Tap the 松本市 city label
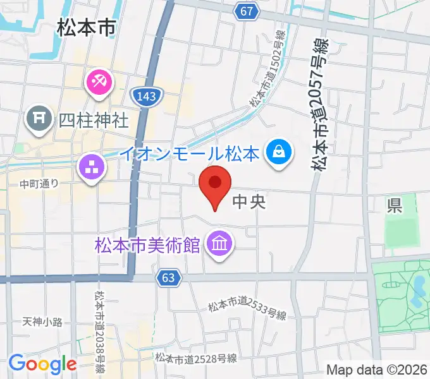[x=86, y=28]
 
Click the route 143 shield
[x=146, y=95]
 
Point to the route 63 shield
[x=168, y=277]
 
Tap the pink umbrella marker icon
[x=99, y=81]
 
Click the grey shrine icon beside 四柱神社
[x=39, y=118]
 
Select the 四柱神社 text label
[x=94, y=119]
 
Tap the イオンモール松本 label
[x=190, y=153]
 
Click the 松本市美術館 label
[x=147, y=243]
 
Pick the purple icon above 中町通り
[x=90, y=167]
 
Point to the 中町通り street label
[x=39, y=184]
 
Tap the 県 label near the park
[x=395, y=205]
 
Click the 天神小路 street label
[x=42, y=322]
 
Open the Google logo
[x=42, y=364]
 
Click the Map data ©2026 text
[x=377, y=370]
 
